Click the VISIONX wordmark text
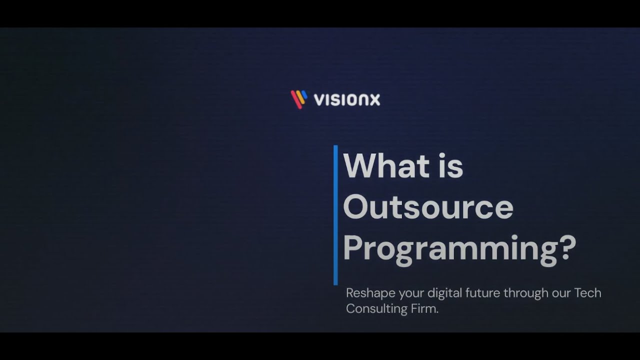(x=347, y=99)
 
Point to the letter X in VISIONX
(x=375, y=99)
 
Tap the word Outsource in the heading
(x=428, y=207)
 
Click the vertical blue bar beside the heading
(x=335, y=215)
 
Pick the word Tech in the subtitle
(x=587, y=293)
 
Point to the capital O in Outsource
(x=356, y=207)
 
